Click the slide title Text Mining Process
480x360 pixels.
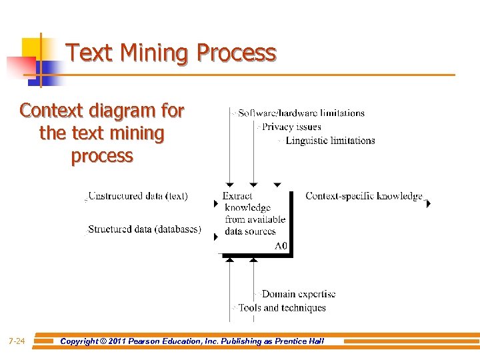171,52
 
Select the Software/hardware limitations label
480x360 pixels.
301,113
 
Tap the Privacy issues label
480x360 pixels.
291,127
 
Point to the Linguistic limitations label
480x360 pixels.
330,141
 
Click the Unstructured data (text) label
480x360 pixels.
138,196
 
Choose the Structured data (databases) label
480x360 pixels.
145,229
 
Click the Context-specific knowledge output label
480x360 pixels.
364,196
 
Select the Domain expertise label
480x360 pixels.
299,294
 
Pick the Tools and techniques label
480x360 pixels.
282,308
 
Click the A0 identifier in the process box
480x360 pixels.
281,246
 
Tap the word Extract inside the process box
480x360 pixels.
237,196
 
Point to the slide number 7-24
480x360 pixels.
17,341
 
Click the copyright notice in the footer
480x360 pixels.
192,341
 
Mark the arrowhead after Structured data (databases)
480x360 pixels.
215,237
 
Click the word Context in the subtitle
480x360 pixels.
52,110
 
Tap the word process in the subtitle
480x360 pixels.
102,155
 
